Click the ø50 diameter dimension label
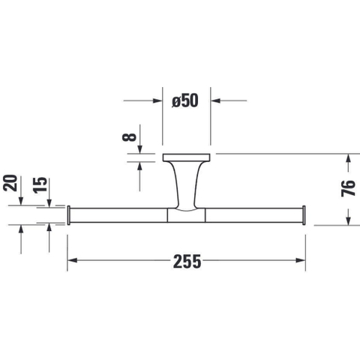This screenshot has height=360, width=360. [x=185, y=100]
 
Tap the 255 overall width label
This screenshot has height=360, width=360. [x=187, y=262]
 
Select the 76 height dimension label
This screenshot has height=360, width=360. [x=348, y=188]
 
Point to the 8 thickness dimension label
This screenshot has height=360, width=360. [x=129, y=137]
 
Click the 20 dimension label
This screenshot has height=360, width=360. [x=10, y=183]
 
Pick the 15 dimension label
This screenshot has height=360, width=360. [x=40, y=185]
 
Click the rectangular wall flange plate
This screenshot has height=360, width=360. [x=187, y=157]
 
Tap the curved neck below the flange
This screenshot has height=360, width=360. [x=187, y=185]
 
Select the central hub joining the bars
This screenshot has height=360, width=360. [x=186, y=215]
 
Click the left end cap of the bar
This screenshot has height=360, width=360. [x=69, y=215]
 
